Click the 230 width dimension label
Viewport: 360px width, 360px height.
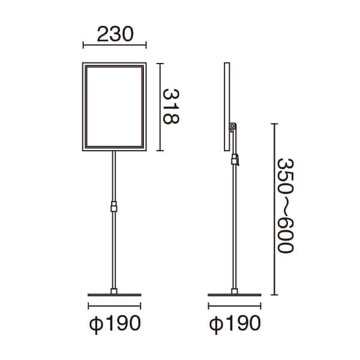(x=115, y=34)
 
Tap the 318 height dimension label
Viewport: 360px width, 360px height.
(x=170, y=107)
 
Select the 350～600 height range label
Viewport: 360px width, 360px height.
(x=286, y=206)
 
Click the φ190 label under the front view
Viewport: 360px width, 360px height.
(x=115, y=323)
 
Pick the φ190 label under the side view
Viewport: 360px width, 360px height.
(x=235, y=323)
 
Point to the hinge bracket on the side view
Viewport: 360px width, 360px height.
(x=233, y=127)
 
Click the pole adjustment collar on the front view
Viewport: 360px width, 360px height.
(x=114, y=206)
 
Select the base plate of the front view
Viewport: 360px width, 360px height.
(x=115, y=295)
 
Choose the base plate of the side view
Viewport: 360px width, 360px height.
(x=235, y=295)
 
